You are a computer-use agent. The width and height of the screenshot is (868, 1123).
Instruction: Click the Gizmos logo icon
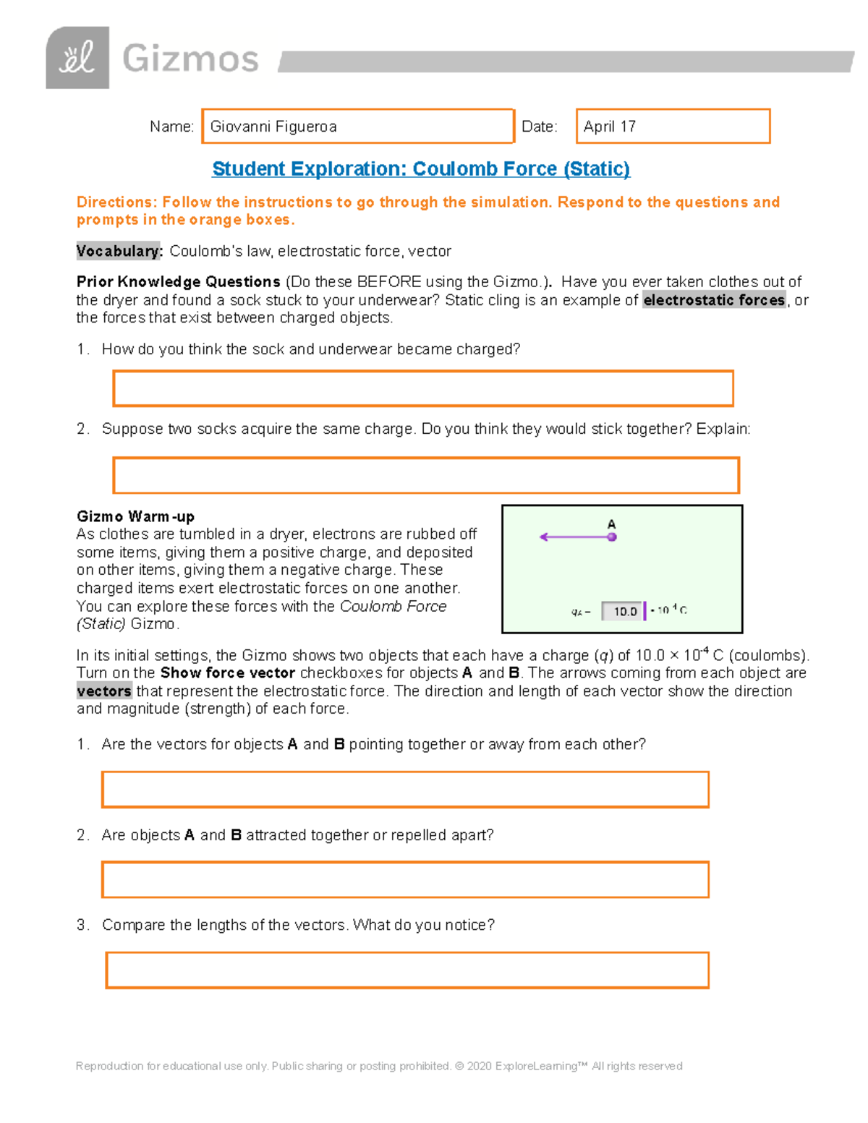point(77,58)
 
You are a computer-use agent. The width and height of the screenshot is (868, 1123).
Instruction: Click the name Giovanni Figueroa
point(273,127)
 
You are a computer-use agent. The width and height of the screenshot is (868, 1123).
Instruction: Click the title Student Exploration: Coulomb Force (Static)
point(420,169)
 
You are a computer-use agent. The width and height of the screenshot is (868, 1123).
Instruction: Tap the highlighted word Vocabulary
point(119,251)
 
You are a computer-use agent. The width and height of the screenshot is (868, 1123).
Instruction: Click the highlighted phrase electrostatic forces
point(714,300)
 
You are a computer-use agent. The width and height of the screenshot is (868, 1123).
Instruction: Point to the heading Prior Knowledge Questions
point(179,282)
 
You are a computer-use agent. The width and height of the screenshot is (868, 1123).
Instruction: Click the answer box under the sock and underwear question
point(423,388)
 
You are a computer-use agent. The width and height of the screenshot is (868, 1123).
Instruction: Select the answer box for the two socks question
point(426,475)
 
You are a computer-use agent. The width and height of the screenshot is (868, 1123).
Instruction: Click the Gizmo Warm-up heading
point(135,516)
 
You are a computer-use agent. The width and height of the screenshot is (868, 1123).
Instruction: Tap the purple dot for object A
point(612,537)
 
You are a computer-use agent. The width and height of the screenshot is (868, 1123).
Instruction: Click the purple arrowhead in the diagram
point(544,537)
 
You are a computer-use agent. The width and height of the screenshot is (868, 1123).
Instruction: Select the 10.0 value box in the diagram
point(624,611)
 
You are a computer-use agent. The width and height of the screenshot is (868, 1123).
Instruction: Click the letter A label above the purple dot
point(611,524)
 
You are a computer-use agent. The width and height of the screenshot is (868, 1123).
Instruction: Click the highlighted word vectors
point(104,691)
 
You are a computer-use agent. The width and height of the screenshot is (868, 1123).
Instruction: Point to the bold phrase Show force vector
point(227,673)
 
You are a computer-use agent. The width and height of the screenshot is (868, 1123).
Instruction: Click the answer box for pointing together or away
point(405,789)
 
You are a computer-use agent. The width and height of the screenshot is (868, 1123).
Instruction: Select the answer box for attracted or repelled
point(405,879)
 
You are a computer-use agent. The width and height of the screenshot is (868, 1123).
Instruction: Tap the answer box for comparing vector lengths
point(407,970)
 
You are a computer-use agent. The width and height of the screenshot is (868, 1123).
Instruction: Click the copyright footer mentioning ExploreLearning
point(379,1066)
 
